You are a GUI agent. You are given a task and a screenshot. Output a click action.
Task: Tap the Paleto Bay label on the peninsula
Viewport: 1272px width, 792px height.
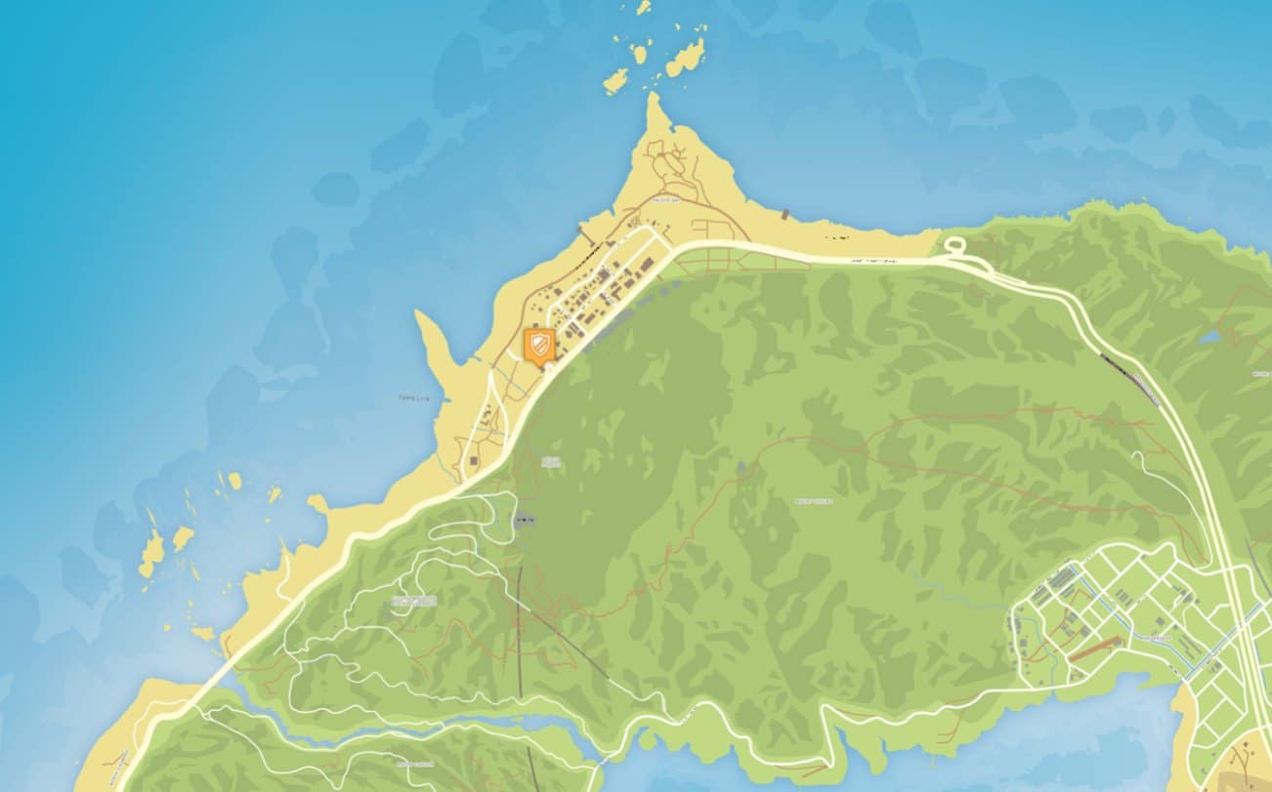click(667, 201)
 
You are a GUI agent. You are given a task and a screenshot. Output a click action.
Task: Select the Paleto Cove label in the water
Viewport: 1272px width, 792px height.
click(414, 397)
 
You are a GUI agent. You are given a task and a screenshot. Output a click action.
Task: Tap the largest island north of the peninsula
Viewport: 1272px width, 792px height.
click(686, 58)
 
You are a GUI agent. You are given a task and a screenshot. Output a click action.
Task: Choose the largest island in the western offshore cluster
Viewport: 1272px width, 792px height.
click(151, 554)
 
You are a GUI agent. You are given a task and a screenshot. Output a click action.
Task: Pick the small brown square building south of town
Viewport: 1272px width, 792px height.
click(474, 458)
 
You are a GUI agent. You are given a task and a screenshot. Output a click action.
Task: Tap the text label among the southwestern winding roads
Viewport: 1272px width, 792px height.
click(414, 601)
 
